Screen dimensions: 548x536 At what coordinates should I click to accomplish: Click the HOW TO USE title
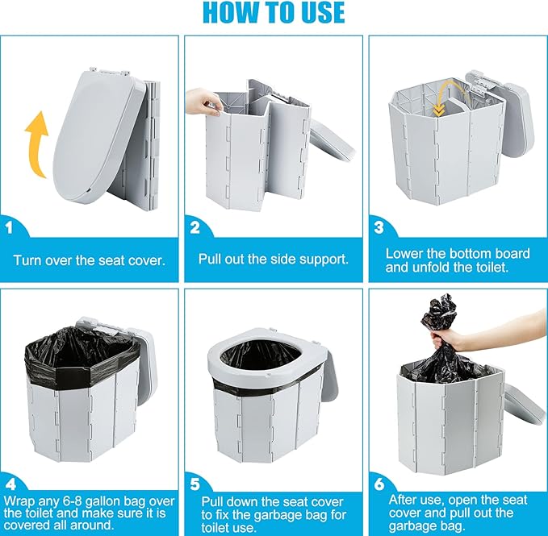click(x=274, y=13)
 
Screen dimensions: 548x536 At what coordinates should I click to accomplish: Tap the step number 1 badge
click(x=9, y=228)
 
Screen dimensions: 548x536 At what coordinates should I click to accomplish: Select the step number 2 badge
click(x=195, y=228)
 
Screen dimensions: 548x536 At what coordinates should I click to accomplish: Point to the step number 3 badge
click(x=379, y=228)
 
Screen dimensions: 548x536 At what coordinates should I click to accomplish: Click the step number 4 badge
click(x=10, y=484)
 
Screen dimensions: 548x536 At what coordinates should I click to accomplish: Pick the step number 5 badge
click(x=195, y=484)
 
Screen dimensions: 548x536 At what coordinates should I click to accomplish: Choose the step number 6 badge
click(x=379, y=484)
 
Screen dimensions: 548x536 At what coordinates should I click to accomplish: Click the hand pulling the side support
click(x=203, y=102)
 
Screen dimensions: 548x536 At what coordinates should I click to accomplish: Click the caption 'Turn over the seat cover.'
click(x=89, y=260)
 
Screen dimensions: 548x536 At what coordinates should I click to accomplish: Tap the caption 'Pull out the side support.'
click(x=274, y=260)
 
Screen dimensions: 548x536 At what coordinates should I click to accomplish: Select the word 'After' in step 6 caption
click(x=403, y=501)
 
